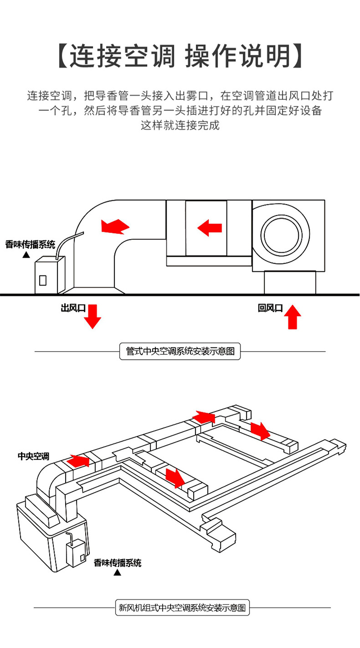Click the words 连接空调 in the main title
click(x=122, y=57)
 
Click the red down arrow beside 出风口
click(x=93, y=316)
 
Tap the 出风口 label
click(x=73, y=308)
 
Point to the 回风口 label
click(x=270, y=308)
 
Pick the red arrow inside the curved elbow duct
click(x=114, y=226)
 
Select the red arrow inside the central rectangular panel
click(x=210, y=227)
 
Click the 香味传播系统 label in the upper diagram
click(x=30, y=244)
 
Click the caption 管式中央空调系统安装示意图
click(x=180, y=352)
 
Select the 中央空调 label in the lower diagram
click(x=33, y=456)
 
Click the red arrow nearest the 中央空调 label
click(x=78, y=461)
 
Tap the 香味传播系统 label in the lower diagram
click(x=118, y=562)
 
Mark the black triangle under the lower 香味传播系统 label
click(x=118, y=573)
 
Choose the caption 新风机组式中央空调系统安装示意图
click(x=182, y=607)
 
